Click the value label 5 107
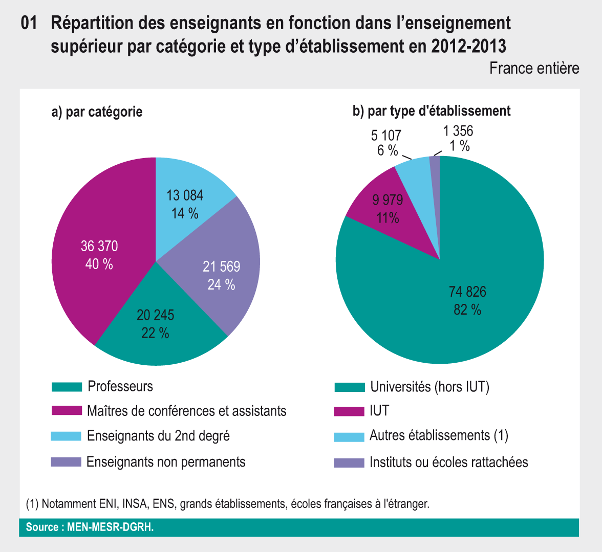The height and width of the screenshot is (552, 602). point(386,136)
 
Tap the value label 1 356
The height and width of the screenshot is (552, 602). point(458,131)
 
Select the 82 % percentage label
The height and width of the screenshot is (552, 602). point(467,310)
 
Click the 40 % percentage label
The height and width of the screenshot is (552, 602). point(99,264)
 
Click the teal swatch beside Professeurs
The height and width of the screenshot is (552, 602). point(67,387)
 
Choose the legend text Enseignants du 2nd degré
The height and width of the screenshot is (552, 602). point(158,436)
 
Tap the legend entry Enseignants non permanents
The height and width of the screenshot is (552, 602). point(166,462)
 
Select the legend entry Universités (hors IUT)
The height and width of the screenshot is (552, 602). point(429,387)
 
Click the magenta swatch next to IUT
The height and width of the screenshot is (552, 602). point(349,411)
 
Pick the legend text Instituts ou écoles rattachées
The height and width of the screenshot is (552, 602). point(448,462)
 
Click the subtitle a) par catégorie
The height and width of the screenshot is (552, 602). point(97,112)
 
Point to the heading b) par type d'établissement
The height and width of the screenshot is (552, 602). point(432,111)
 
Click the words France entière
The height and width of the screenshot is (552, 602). point(534,68)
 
